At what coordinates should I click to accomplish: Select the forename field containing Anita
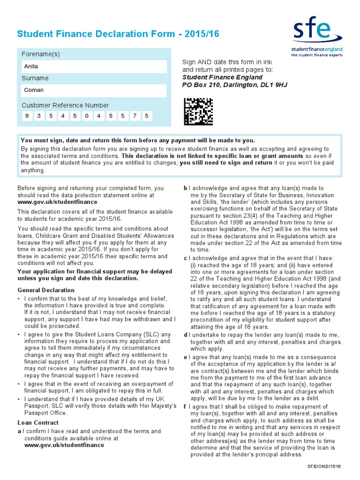click(x=94, y=66)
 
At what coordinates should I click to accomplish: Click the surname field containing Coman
click(x=94, y=90)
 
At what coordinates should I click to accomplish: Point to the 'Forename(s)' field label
click(x=41, y=54)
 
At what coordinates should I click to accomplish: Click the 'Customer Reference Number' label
click(x=65, y=105)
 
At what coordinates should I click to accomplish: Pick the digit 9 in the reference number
click(x=27, y=116)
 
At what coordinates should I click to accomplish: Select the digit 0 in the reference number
click(x=86, y=116)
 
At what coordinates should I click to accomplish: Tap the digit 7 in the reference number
click(x=135, y=116)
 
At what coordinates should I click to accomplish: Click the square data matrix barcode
click(x=198, y=112)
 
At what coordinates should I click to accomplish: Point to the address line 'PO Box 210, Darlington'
click(x=234, y=85)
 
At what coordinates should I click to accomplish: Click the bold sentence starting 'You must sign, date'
click(x=138, y=140)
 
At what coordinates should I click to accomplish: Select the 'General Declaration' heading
click(x=46, y=290)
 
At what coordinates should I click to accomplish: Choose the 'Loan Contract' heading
click(x=37, y=422)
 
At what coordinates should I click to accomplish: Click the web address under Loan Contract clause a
click(x=64, y=445)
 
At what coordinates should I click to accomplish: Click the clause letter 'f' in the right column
click(x=185, y=406)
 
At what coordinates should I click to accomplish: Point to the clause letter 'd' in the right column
click(x=186, y=335)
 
